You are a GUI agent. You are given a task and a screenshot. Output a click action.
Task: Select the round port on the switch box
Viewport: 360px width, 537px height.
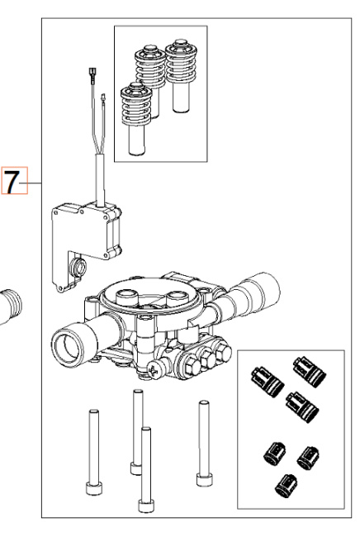[x=79, y=267]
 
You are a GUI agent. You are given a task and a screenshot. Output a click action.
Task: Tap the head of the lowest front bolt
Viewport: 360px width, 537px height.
[x=147, y=499]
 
